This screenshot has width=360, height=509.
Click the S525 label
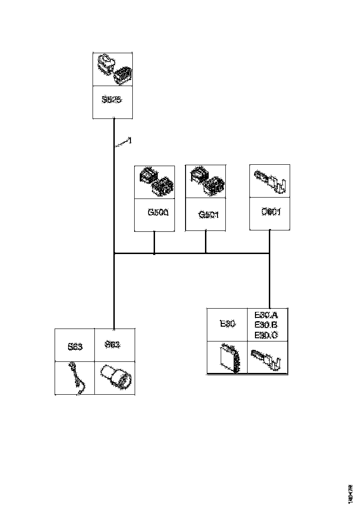(112, 99)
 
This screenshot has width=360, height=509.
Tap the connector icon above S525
(113, 69)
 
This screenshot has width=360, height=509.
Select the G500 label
(158, 213)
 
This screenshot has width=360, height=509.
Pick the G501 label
(208, 215)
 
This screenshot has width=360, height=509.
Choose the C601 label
(271, 212)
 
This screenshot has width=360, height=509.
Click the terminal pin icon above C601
(270, 180)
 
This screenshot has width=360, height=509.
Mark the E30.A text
(266, 315)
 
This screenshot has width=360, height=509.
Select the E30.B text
(266, 325)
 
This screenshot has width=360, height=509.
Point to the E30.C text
(266, 335)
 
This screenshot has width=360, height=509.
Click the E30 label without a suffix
(228, 324)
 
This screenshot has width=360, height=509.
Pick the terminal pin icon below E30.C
(267, 358)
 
